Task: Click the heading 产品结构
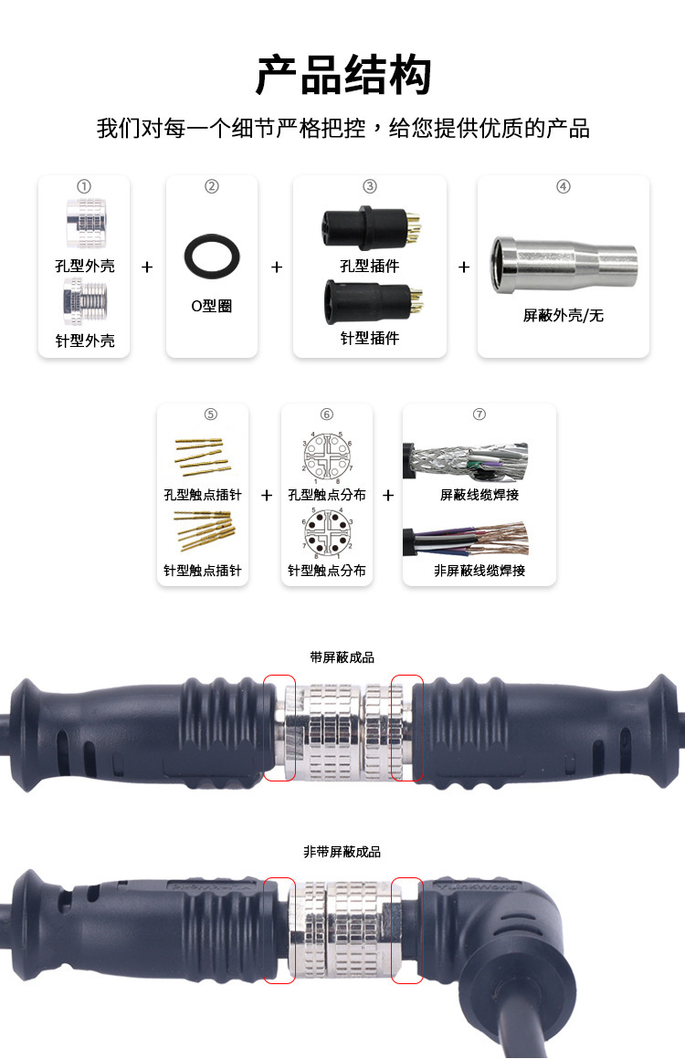pyautogui.click(x=342, y=75)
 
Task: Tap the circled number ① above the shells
pyautogui.click(x=84, y=186)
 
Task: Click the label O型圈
pyautogui.click(x=212, y=306)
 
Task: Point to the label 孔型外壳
pyautogui.click(x=84, y=267)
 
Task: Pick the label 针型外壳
pyautogui.click(x=84, y=341)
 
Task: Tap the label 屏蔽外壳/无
pyautogui.click(x=564, y=316)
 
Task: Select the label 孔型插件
pyautogui.click(x=370, y=266)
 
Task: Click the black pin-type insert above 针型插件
pyautogui.click(x=369, y=301)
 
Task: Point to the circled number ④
pyautogui.click(x=564, y=186)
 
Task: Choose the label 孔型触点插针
pyautogui.click(x=203, y=495)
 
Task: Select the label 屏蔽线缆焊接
pyautogui.click(x=479, y=495)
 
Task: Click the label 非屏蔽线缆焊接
pyautogui.click(x=479, y=571)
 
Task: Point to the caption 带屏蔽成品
pyautogui.click(x=342, y=657)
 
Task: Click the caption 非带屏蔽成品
pyautogui.click(x=342, y=852)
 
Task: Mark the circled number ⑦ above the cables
pyautogui.click(x=479, y=414)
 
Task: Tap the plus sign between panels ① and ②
pyautogui.click(x=147, y=267)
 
